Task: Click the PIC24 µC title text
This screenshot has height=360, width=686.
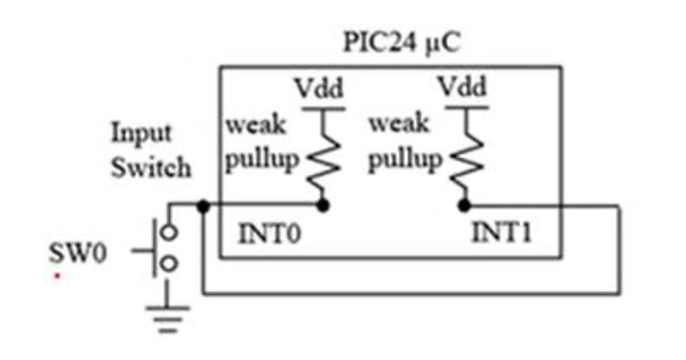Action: click(x=402, y=43)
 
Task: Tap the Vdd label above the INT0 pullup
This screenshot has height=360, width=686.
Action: click(x=317, y=87)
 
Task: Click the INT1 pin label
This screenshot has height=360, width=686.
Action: click(x=501, y=232)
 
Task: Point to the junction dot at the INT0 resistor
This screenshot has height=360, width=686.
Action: click(x=321, y=206)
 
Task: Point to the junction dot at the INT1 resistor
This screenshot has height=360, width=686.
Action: click(x=464, y=206)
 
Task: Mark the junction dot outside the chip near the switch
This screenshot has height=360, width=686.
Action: click(x=203, y=207)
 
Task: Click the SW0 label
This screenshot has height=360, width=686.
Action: click(x=74, y=252)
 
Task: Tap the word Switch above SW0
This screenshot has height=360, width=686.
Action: click(x=150, y=167)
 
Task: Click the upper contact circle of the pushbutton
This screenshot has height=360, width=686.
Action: click(x=168, y=233)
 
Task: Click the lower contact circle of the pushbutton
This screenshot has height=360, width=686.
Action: click(x=168, y=265)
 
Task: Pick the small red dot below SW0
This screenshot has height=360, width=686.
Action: click(x=56, y=275)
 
